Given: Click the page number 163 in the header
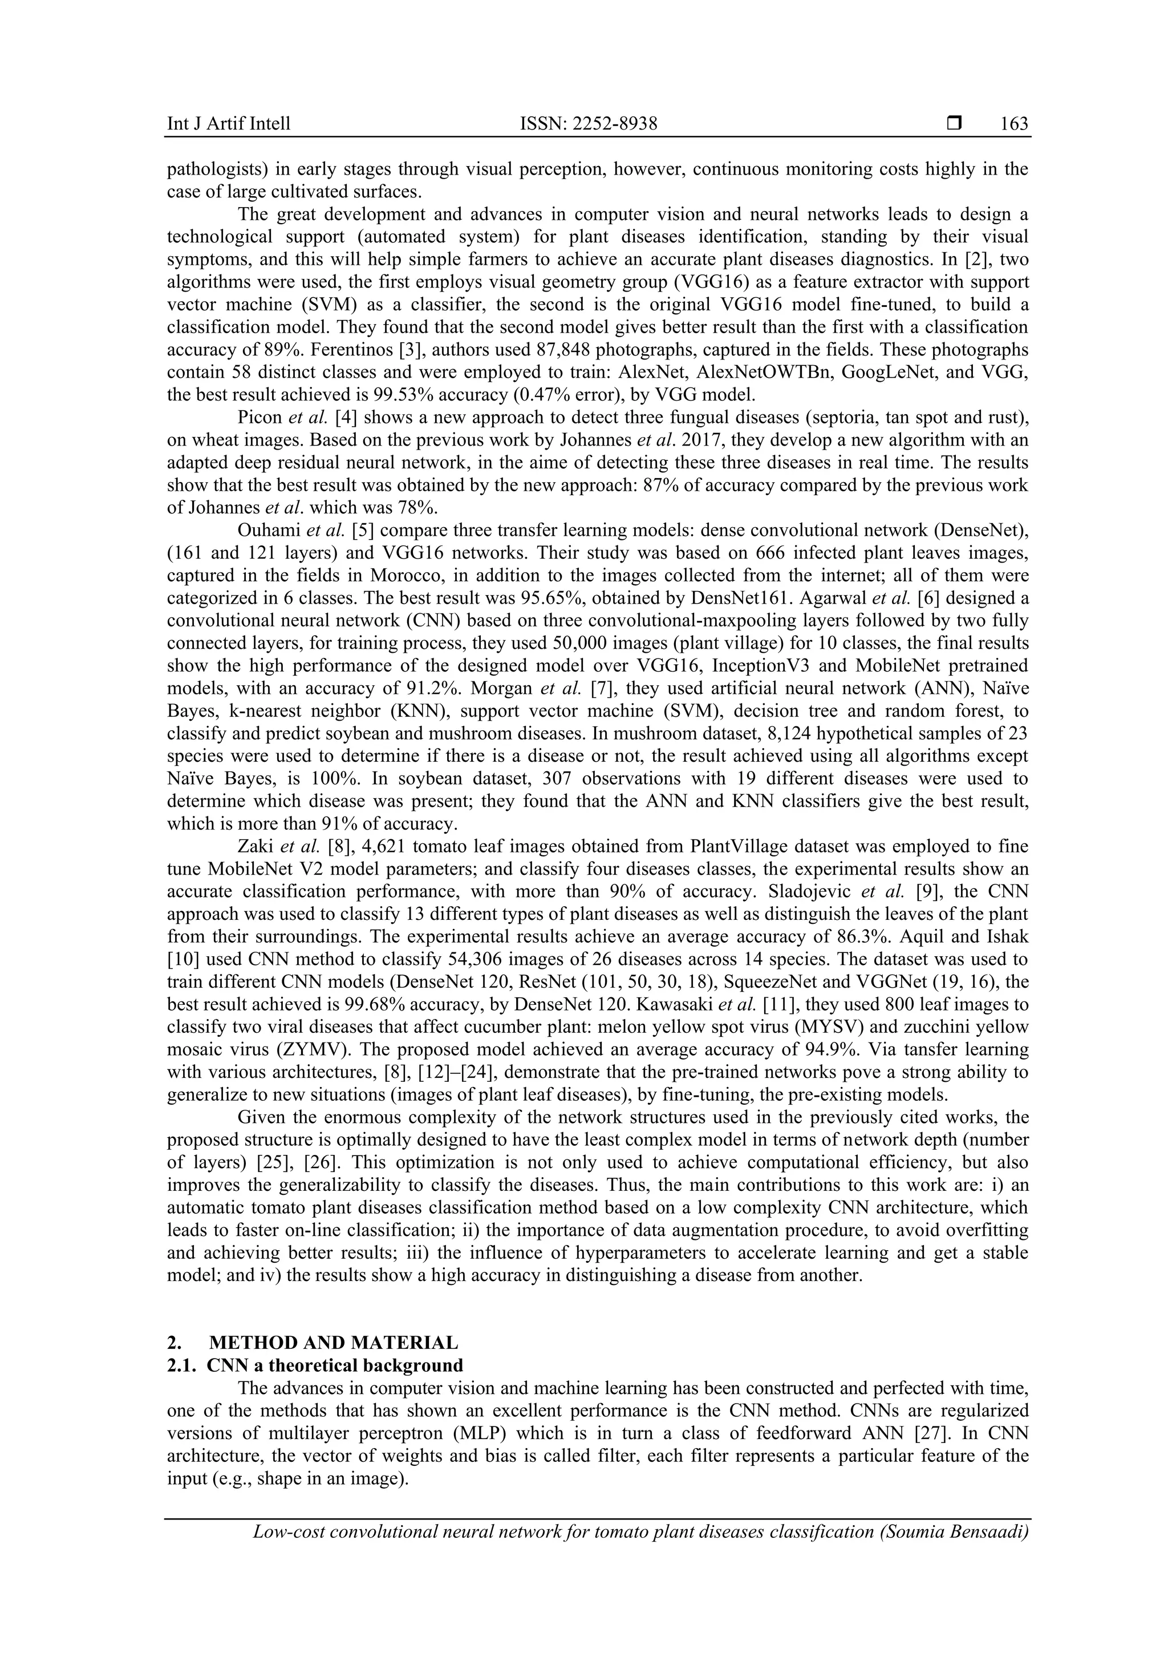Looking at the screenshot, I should point(1014,124).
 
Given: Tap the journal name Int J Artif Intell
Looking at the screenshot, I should point(229,124).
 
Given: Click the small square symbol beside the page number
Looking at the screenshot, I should point(954,124).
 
